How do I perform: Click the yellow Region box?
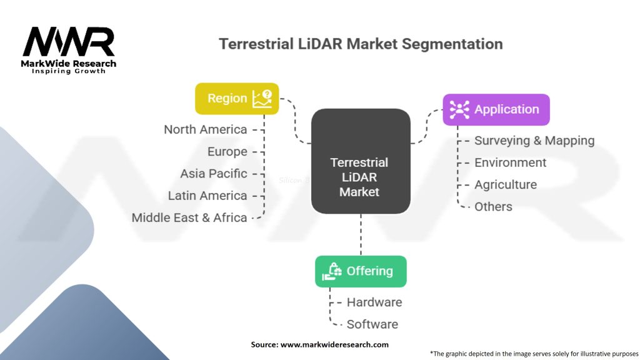[237, 99]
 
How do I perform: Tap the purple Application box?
[496, 109]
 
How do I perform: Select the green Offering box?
[361, 271]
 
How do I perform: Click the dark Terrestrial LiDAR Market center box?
[361, 161]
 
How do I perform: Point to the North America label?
[205, 129]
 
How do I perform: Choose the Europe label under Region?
[227, 151]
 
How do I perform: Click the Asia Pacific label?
[214, 174]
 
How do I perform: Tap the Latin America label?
[207, 196]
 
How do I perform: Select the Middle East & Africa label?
[189, 217]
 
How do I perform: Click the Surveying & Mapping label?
[534, 141]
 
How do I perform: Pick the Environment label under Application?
[510, 162]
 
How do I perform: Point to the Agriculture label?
[505, 184]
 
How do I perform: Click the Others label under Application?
[493, 206]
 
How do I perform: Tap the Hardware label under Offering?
[374, 302]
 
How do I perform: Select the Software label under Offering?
[372, 324]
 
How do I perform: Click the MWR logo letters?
[69, 42]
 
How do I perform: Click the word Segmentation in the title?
[452, 44]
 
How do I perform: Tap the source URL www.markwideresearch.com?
[334, 344]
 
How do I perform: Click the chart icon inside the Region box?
[262, 99]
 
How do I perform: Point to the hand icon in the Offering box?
[332, 271]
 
